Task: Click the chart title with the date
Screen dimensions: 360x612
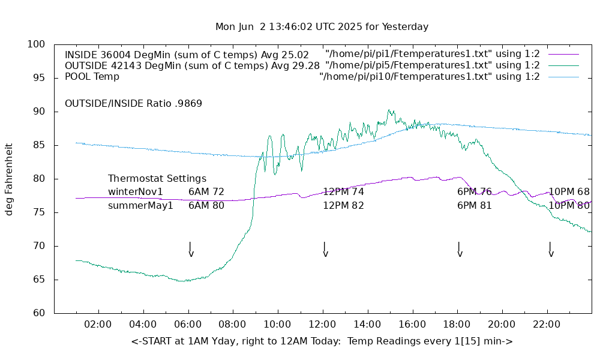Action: (322, 27)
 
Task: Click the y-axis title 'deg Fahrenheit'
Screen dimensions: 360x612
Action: (9, 179)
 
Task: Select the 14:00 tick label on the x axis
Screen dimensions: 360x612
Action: (367, 325)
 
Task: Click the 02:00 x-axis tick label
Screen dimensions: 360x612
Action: (98, 325)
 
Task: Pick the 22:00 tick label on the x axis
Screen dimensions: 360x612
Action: (547, 325)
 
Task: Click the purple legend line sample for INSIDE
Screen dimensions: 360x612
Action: (563, 55)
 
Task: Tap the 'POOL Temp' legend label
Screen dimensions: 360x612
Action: (92, 77)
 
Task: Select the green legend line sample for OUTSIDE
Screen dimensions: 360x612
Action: (563, 65)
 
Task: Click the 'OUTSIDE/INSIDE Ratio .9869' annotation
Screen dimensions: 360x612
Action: (133, 103)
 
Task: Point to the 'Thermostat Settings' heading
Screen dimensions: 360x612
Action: (157, 179)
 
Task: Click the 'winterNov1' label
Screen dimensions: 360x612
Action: (136, 192)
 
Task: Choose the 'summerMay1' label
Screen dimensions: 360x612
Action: (140, 206)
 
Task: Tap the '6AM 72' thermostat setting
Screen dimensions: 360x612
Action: (206, 192)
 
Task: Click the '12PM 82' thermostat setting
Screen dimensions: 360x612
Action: (343, 206)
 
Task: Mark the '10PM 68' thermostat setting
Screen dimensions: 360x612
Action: (569, 192)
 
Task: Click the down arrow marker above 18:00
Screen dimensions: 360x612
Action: (459, 249)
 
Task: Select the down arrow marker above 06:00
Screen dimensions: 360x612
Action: (190, 249)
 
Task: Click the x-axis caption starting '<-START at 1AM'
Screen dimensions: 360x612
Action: (322, 341)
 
